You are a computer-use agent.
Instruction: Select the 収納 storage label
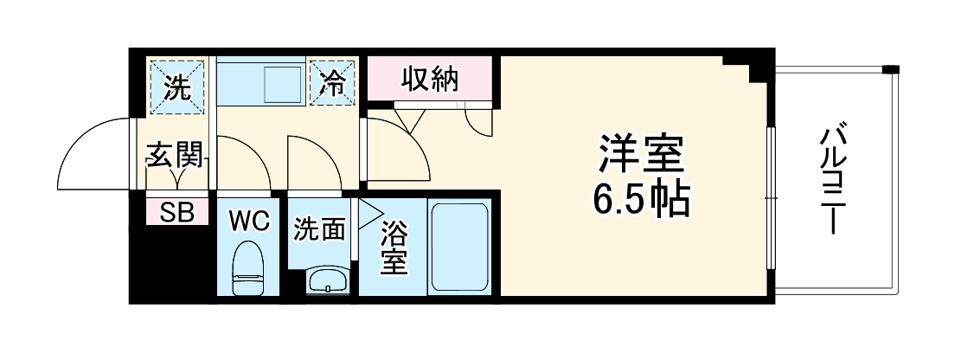(x=429, y=80)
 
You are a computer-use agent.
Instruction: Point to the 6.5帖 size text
(x=641, y=201)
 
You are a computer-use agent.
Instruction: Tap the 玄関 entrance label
(x=176, y=156)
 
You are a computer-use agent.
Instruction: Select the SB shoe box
(x=176, y=212)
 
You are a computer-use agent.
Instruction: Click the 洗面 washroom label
(x=320, y=229)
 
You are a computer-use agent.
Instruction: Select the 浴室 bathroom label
(x=394, y=247)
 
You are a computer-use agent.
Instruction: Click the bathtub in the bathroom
(x=460, y=247)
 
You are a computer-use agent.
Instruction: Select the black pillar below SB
(x=169, y=263)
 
